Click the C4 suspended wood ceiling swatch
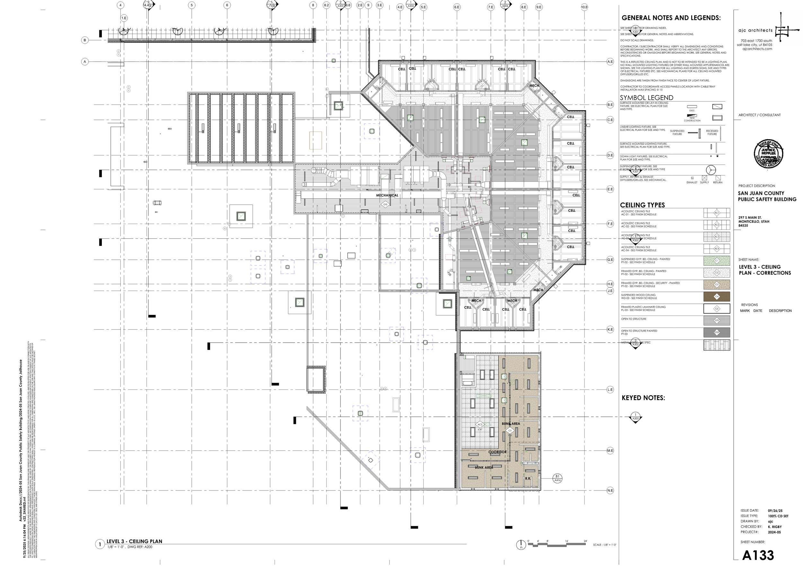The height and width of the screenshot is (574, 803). (717, 297)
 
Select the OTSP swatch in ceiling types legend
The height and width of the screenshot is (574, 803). (717, 333)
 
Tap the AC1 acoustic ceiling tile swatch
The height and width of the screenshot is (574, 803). (717, 213)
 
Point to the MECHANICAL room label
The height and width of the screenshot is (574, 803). (387, 195)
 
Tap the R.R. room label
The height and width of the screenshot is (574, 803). (528, 479)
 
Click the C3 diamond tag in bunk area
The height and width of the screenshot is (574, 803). (510, 431)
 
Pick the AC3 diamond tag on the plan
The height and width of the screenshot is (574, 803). (480, 425)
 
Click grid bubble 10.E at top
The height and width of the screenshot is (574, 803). (584, 7)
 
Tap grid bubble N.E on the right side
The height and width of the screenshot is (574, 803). (610, 490)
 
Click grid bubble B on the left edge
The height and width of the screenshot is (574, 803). (85, 40)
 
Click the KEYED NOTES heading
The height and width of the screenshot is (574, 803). (643, 398)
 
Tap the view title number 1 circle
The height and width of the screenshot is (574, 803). (100, 545)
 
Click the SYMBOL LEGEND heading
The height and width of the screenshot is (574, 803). (647, 98)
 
